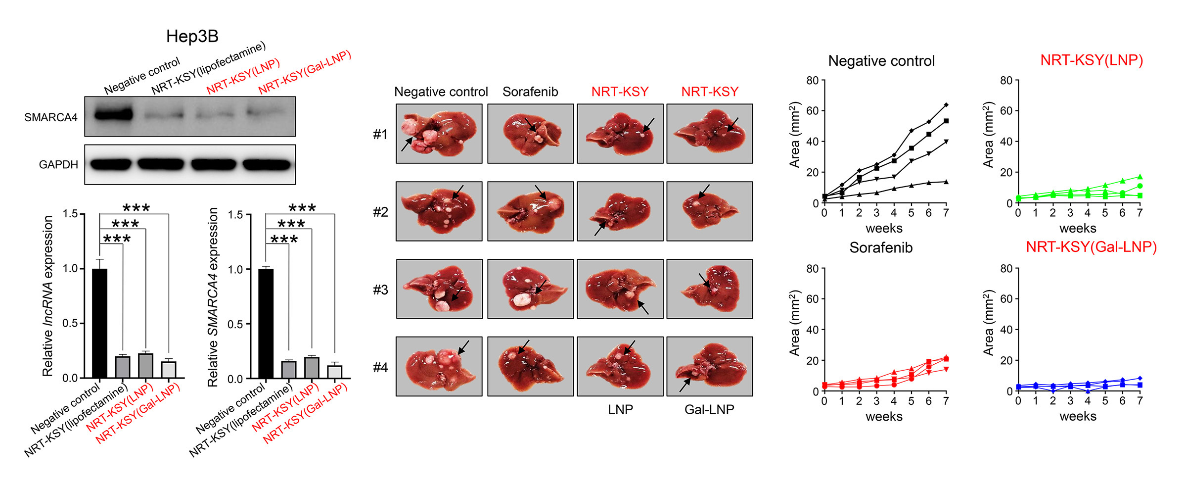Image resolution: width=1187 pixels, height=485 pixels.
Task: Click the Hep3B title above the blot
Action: coord(192,36)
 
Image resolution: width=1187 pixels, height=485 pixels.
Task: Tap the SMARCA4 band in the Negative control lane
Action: coord(113,115)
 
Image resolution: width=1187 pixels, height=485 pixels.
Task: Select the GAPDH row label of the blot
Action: coord(58,165)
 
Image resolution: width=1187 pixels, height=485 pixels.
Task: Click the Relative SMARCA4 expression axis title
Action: coord(213,297)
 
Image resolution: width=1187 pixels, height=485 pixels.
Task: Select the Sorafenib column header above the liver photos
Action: coord(530,92)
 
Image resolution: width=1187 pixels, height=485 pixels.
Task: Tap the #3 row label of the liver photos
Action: coord(381,290)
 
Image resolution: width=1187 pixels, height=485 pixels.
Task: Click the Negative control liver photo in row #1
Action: coord(439,134)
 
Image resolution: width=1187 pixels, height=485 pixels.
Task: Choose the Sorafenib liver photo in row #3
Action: coord(531,289)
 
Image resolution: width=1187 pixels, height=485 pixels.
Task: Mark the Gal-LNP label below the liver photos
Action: coord(709,409)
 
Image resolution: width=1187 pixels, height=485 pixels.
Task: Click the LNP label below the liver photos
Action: coord(620,409)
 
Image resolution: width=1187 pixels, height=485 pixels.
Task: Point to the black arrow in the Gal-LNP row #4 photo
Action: coord(685,385)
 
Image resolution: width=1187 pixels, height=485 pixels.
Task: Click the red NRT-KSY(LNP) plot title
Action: coord(1092,60)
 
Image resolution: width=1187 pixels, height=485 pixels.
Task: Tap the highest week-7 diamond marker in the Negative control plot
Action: coord(946,105)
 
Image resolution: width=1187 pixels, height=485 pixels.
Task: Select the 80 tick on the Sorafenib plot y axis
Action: coord(812,269)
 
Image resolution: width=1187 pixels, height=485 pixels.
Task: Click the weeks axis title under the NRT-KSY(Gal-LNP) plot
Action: coord(1078,417)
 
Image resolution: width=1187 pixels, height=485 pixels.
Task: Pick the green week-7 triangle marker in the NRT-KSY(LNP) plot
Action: coord(1140,177)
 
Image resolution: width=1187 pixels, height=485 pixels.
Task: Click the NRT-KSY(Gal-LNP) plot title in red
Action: coord(1091,247)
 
